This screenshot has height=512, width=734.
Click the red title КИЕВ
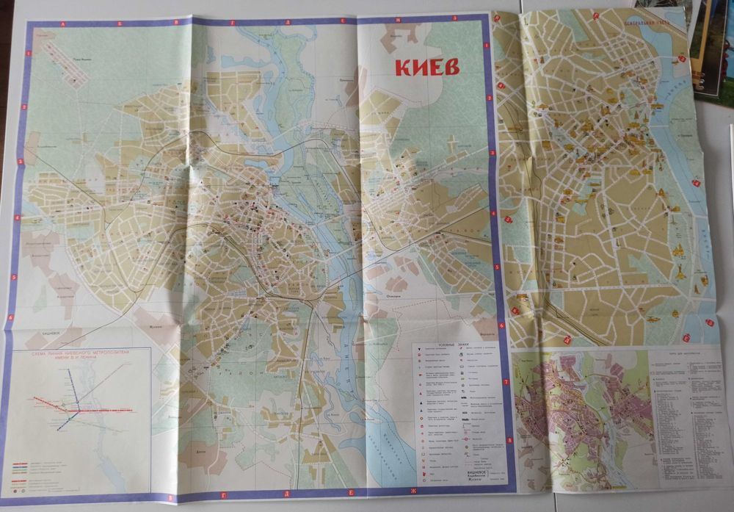pos(428,66)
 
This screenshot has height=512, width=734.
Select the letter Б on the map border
pos(119,24)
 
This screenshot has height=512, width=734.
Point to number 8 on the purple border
pos(510,439)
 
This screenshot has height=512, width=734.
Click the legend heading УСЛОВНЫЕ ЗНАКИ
pos(454,342)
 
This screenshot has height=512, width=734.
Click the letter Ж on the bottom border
pos(413,490)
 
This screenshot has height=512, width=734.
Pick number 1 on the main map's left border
pos(29,53)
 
